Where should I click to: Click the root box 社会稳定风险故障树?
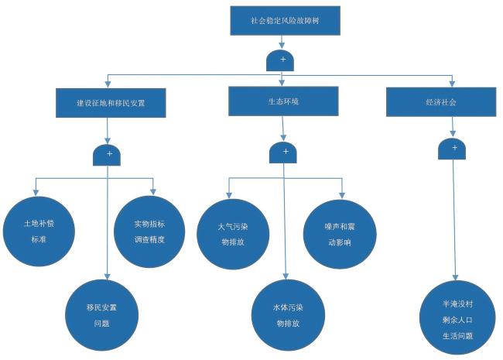284,21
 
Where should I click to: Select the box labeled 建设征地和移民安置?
111,102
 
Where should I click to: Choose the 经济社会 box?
441,101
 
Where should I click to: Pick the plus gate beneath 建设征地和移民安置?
108,155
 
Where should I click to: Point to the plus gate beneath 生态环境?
283,153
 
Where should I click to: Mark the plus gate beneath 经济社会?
452,149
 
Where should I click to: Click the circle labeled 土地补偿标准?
39,231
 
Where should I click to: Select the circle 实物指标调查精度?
149,231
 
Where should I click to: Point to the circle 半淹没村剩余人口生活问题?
457,319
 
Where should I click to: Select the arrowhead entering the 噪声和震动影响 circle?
341,194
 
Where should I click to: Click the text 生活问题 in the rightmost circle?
457,336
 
